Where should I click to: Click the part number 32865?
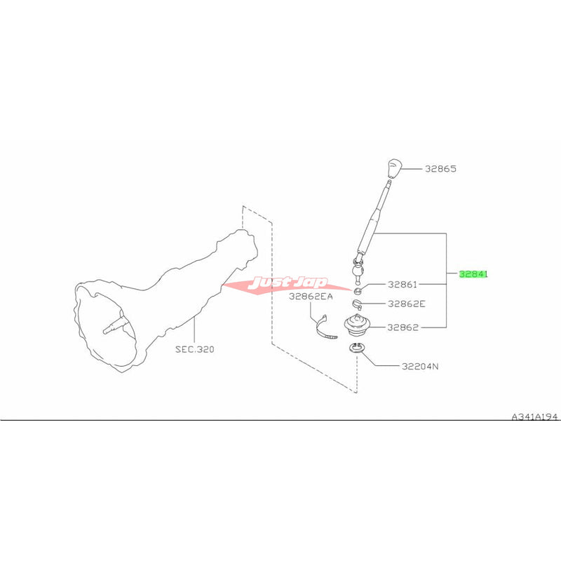click(440, 168)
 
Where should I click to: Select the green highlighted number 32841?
click(473, 274)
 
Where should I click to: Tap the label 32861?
click(403, 285)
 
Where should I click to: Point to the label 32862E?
click(407, 304)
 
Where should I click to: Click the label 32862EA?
click(311, 296)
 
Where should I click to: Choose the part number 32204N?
click(420, 366)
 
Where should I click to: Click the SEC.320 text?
click(195, 349)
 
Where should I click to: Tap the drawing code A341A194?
click(534, 417)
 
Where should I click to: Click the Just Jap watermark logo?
click(286, 284)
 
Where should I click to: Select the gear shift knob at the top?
click(394, 168)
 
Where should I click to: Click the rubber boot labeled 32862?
click(357, 325)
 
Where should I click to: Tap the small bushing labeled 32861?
click(358, 290)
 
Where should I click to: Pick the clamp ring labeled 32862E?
click(357, 304)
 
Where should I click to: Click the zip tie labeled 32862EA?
click(325, 327)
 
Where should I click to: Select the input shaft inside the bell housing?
click(116, 325)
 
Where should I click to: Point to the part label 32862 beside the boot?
click(403, 327)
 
